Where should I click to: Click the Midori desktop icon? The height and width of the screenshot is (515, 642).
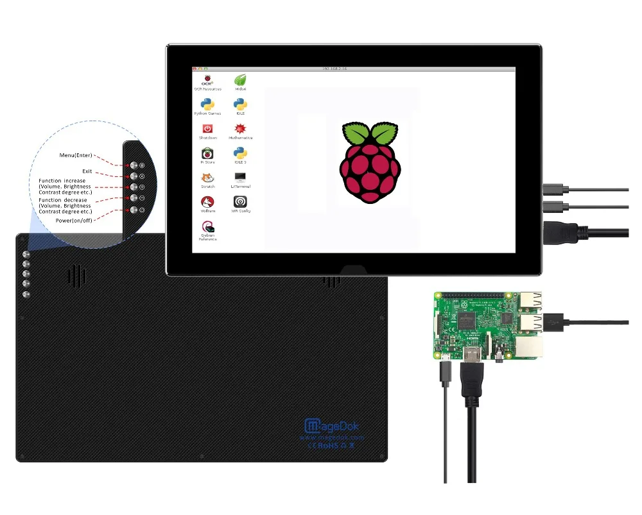pos(241,81)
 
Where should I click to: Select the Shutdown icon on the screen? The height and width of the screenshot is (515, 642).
pos(208,130)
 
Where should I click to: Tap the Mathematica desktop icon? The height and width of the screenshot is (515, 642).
pos(241,130)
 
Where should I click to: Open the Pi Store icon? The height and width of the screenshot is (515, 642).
pos(208,154)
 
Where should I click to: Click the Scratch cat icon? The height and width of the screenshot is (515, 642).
pos(208,178)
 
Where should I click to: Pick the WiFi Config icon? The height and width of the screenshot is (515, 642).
pos(241,203)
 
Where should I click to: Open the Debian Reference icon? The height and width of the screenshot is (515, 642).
pos(208,228)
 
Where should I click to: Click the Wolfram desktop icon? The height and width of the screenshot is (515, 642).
pos(208,203)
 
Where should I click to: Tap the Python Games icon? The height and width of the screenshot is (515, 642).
pos(208,105)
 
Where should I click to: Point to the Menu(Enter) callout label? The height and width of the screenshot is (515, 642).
pos(76,155)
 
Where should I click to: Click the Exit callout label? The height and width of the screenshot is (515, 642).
pos(87,171)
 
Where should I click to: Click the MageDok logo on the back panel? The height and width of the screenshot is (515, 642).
pos(331,425)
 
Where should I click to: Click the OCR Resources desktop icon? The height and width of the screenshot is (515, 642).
pos(208,81)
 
